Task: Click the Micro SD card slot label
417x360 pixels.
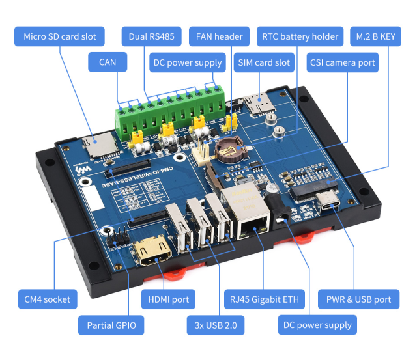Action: click(59, 36)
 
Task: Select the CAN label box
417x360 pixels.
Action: click(108, 62)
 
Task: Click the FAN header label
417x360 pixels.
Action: click(219, 36)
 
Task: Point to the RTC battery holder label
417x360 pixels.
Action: click(300, 36)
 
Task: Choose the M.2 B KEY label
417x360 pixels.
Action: click(376, 36)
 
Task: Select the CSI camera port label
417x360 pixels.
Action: click(343, 62)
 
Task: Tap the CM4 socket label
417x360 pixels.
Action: click(47, 299)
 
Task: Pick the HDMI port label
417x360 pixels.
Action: click(169, 299)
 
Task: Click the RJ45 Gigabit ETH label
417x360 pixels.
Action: click(265, 299)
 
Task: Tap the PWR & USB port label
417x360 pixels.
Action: click(358, 299)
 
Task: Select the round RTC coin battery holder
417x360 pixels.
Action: click(229, 149)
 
